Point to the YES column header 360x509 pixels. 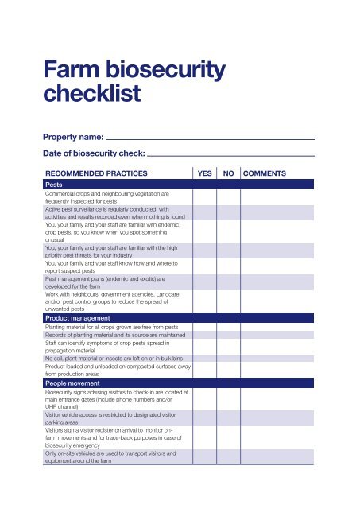203,173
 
